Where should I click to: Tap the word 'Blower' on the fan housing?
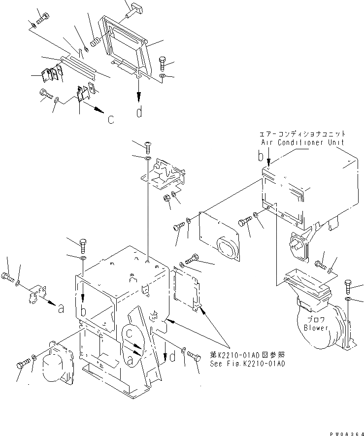click(316, 328)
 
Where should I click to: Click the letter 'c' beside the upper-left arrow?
click(111, 119)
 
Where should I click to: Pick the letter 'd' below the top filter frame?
click(139, 112)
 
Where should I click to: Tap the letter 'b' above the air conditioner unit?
click(260, 157)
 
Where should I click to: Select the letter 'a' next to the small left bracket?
click(61, 309)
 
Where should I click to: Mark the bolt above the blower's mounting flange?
click(349, 286)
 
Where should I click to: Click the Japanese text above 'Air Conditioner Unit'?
click(302, 134)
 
